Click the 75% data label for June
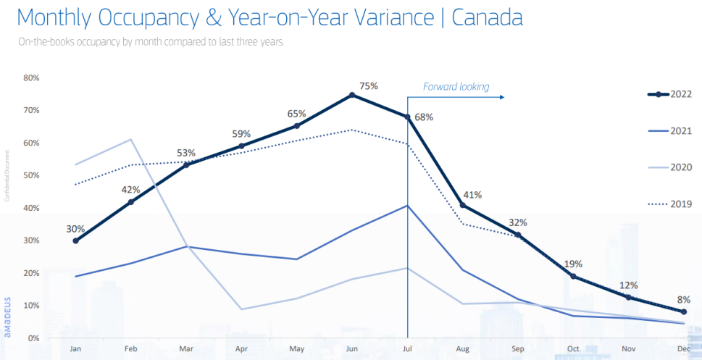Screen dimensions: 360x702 pyautogui.click(x=369, y=86)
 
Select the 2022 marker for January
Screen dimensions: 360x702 pyautogui.click(x=75, y=240)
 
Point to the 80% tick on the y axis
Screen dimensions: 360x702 pyautogui.click(x=31, y=78)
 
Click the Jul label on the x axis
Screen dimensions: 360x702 pyautogui.click(x=408, y=348)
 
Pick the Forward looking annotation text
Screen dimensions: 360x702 pyautogui.click(x=456, y=87)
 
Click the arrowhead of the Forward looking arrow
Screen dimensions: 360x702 pyautogui.click(x=501, y=96)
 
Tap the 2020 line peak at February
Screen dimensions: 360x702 pyautogui.click(x=130, y=139)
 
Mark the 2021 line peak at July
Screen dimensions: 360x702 pyautogui.click(x=408, y=205)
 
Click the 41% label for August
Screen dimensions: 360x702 pyautogui.click(x=472, y=194)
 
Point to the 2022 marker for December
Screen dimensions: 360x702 pyautogui.click(x=684, y=311)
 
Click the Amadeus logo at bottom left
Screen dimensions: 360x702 pyautogui.click(x=7, y=317)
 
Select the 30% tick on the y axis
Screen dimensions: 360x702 pyautogui.click(x=31, y=240)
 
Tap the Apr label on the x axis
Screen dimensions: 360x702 pyautogui.click(x=241, y=348)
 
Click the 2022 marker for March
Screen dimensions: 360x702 pyautogui.click(x=186, y=164)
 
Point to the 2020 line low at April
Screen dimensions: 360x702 pyautogui.click(x=241, y=309)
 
